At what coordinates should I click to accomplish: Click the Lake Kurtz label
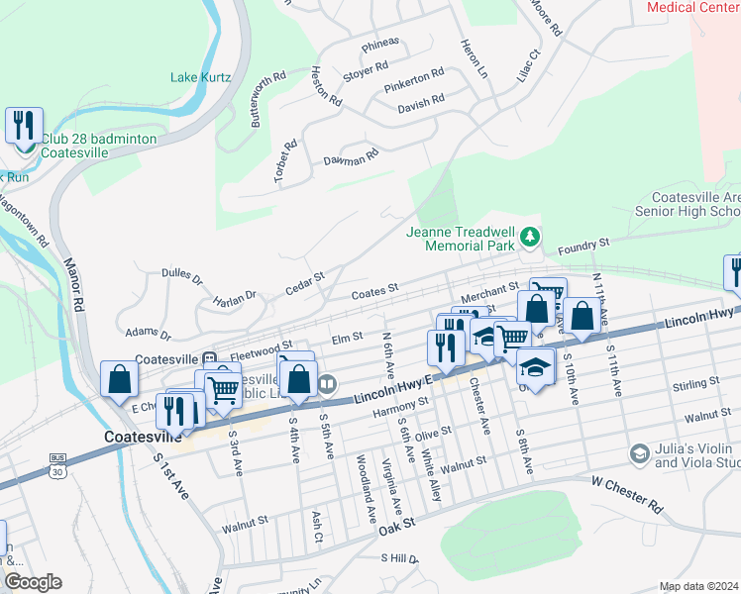(x=200, y=76)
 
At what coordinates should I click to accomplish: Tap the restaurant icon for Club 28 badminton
(x=24, y=126)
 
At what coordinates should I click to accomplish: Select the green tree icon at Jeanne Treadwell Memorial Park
(x=531, y=237)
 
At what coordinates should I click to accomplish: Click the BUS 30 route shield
(x=58, y=464)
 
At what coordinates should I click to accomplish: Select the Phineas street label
(x=380, y=43)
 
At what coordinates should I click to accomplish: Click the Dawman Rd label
(x=352, y=157)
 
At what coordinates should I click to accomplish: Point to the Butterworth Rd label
(x=267, y=97)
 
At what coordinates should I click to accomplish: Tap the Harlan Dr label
(x=235, y=295)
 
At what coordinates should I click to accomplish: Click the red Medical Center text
(x=692, y=7)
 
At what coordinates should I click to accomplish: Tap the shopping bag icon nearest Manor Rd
(x=119, y=379)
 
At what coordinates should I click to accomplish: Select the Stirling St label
(x=693, y=385)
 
